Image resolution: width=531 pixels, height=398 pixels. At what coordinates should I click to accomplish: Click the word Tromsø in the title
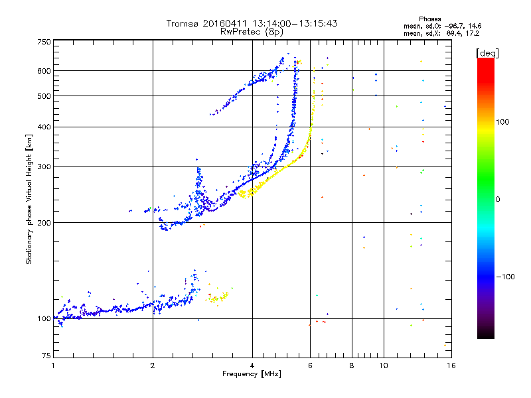tap(187, 23)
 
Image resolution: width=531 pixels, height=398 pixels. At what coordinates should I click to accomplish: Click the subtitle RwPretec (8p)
tap(252, 31)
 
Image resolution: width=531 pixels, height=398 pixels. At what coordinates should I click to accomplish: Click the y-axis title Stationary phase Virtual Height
tap(29, 199)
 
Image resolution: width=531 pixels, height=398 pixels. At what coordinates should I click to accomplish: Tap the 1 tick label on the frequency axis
tap(53, 365)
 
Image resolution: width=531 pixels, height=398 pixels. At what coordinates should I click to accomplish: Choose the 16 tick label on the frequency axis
tap(451, 365)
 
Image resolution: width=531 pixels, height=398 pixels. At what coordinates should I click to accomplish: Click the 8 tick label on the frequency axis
tap(352, 365)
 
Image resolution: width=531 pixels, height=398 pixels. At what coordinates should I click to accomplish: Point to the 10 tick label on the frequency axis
tap(383, 365)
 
